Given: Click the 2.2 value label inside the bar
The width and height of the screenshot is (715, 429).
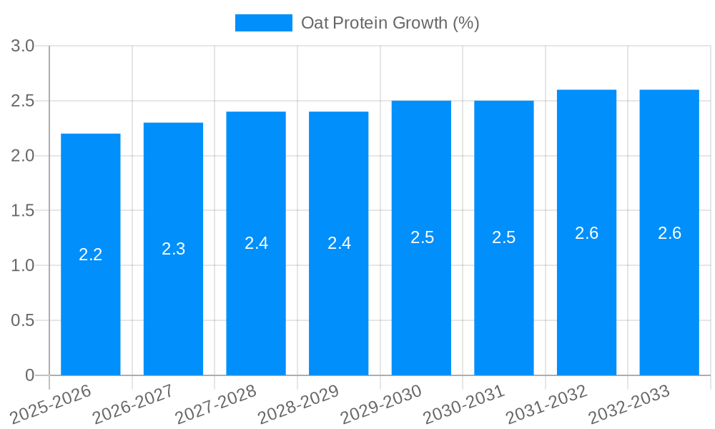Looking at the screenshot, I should (x=91, y=255).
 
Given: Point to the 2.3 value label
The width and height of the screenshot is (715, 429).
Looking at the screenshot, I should (x=173, y=249).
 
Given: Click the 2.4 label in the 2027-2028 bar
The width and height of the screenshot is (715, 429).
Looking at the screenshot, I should (x=256, y=243).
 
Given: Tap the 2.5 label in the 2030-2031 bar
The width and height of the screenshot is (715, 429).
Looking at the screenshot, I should (x=504, y=237).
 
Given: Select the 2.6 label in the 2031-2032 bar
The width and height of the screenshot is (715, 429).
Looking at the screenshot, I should (x=586, y=233).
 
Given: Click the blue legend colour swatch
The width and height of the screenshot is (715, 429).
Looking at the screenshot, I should (x=263, y=23).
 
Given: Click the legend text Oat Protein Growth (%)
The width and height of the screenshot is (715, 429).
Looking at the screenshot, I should (x=390, y=23).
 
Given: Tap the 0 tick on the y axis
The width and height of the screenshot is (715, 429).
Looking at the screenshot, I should (x=29, y=375).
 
